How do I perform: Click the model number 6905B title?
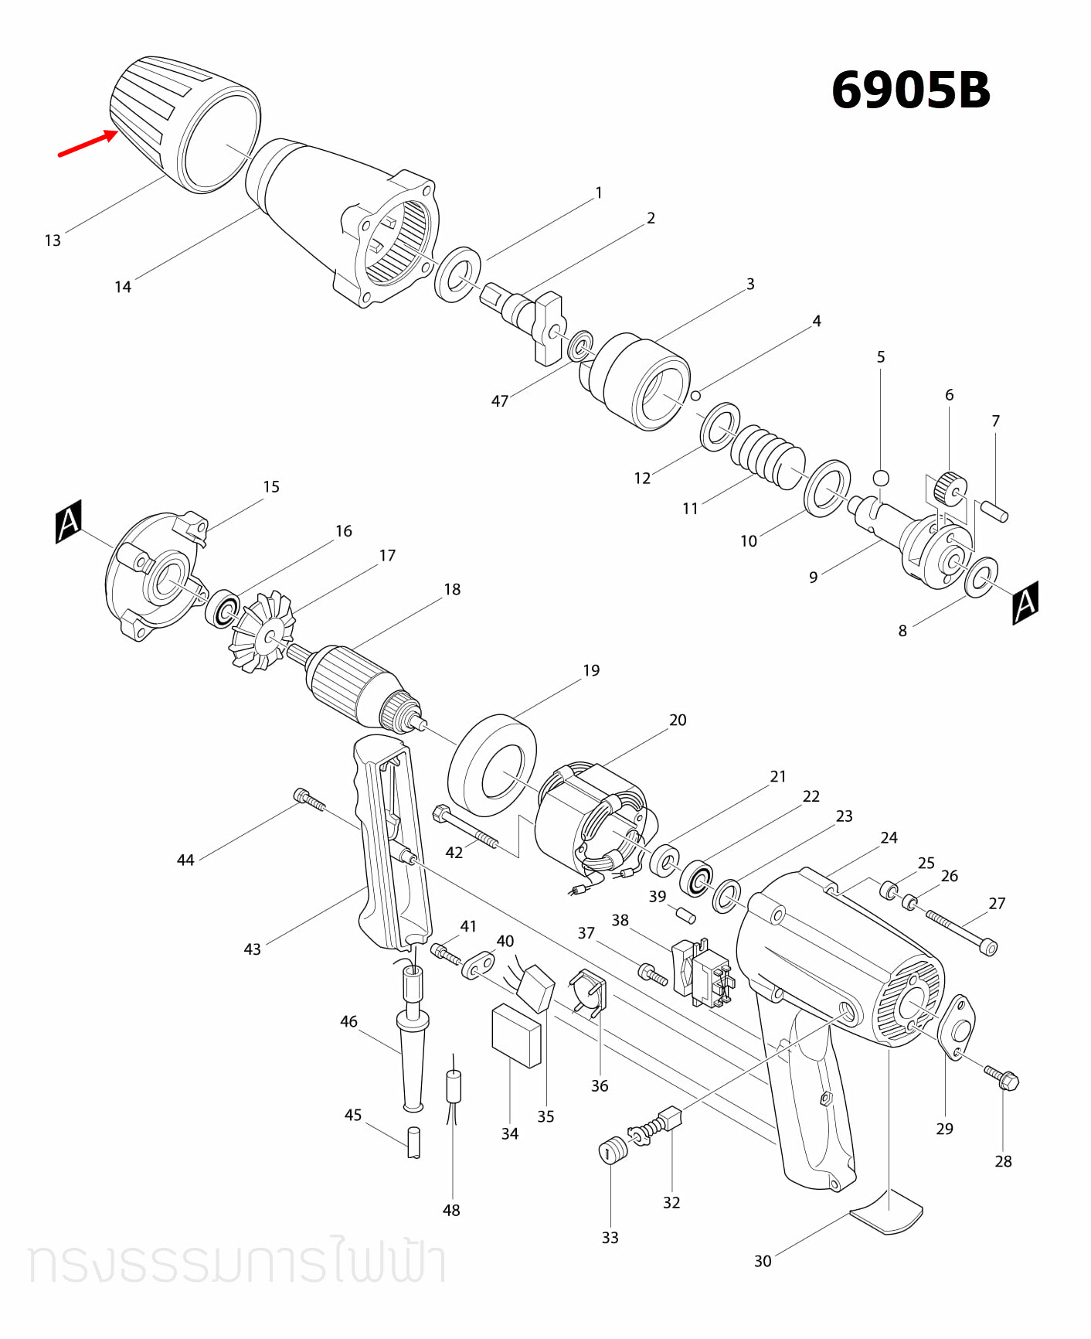pyautogui.click(x=910, y=90)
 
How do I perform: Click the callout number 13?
pyautogui.click(x=53, y=240)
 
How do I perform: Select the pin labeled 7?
pyautogui.click(x=994, y=511)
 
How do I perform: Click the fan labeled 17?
pyautogui.click(x=263, y=632)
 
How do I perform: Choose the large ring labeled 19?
pyautogui.click(x=492, y=765)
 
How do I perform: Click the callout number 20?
pyautogui.click(x=678, y=720)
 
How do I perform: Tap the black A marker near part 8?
pyautogui.click(x=1025, y=602)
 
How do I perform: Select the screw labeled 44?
pyautogui.click(x=309, y=799)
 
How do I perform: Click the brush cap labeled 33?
pyautogui.click(x=612, y=1151)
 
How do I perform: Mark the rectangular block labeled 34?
pyautogui.click(x=516, y=1035)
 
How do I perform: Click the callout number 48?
pyautogui.click(x=451, y=1210)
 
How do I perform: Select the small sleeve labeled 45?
pyautogui.click(x=414, y=1142)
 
